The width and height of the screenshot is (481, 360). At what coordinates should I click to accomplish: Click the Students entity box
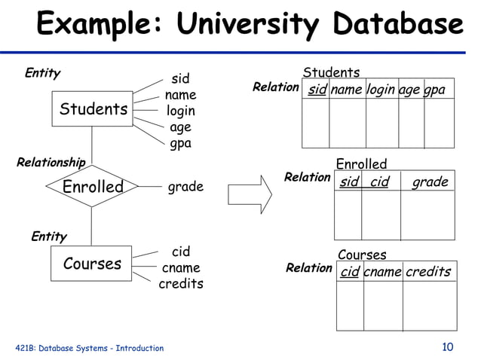[x=92, y=110]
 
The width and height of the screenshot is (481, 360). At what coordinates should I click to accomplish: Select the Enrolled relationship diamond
[x=92, y=187]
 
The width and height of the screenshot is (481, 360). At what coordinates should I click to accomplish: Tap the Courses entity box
[x=92, y=264]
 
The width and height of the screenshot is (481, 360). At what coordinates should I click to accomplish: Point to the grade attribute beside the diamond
[x=185, y=187]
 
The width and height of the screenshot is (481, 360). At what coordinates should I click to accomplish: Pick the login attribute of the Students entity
[x=181, y=111]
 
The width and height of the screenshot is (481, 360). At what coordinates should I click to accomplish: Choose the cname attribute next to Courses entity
[x=181, y=268]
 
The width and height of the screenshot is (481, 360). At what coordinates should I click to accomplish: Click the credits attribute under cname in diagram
[x=181, y=285]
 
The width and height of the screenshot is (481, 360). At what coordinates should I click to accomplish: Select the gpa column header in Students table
[x=434, y=90]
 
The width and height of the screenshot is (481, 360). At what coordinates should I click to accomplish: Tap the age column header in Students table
[x=409, y=90]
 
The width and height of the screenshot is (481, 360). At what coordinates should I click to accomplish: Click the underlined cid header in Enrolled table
[x=379, y=182]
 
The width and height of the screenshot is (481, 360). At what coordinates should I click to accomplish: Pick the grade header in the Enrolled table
[x=430, y=182]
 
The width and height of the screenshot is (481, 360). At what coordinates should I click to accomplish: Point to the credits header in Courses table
[x=428, y=272]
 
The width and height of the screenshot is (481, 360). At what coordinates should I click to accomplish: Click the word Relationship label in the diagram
[x=51, y=162]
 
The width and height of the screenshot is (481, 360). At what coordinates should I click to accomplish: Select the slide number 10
[x=448, y=347]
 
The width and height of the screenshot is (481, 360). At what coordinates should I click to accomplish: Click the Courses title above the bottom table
[x=362, y=255]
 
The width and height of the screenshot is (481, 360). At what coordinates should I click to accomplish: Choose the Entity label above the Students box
[x=42, y=74]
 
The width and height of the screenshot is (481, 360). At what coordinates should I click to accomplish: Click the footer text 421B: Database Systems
[x=90, y=348]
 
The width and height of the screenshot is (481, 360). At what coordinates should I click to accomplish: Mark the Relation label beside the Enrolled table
[x=307, y=178]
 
